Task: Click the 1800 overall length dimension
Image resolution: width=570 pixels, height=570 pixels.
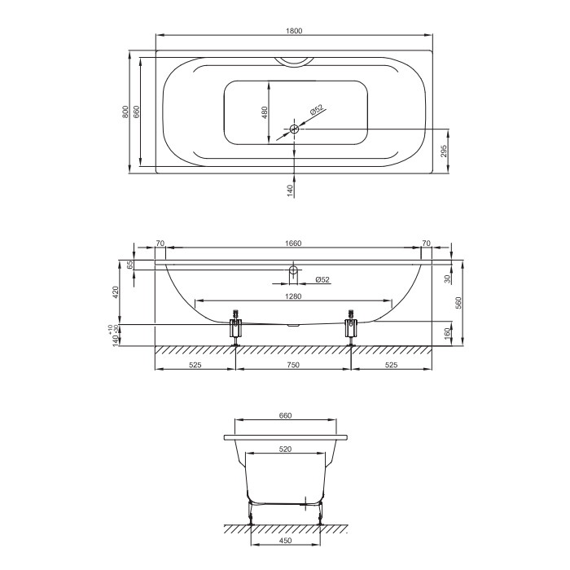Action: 294,31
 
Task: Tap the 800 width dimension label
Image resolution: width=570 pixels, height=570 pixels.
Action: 125,112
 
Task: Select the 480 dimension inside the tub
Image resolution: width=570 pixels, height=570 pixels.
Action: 265,112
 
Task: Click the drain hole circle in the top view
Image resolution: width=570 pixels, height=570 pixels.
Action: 294,129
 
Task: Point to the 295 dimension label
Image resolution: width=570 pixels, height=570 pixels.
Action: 444,149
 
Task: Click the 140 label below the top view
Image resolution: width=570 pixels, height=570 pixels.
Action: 290,191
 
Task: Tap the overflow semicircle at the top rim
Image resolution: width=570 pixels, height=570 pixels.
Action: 294,62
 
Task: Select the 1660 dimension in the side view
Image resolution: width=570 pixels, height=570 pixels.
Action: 293,243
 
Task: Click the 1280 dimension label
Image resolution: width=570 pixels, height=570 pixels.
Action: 293,296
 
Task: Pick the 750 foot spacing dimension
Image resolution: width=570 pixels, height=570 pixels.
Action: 293,365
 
